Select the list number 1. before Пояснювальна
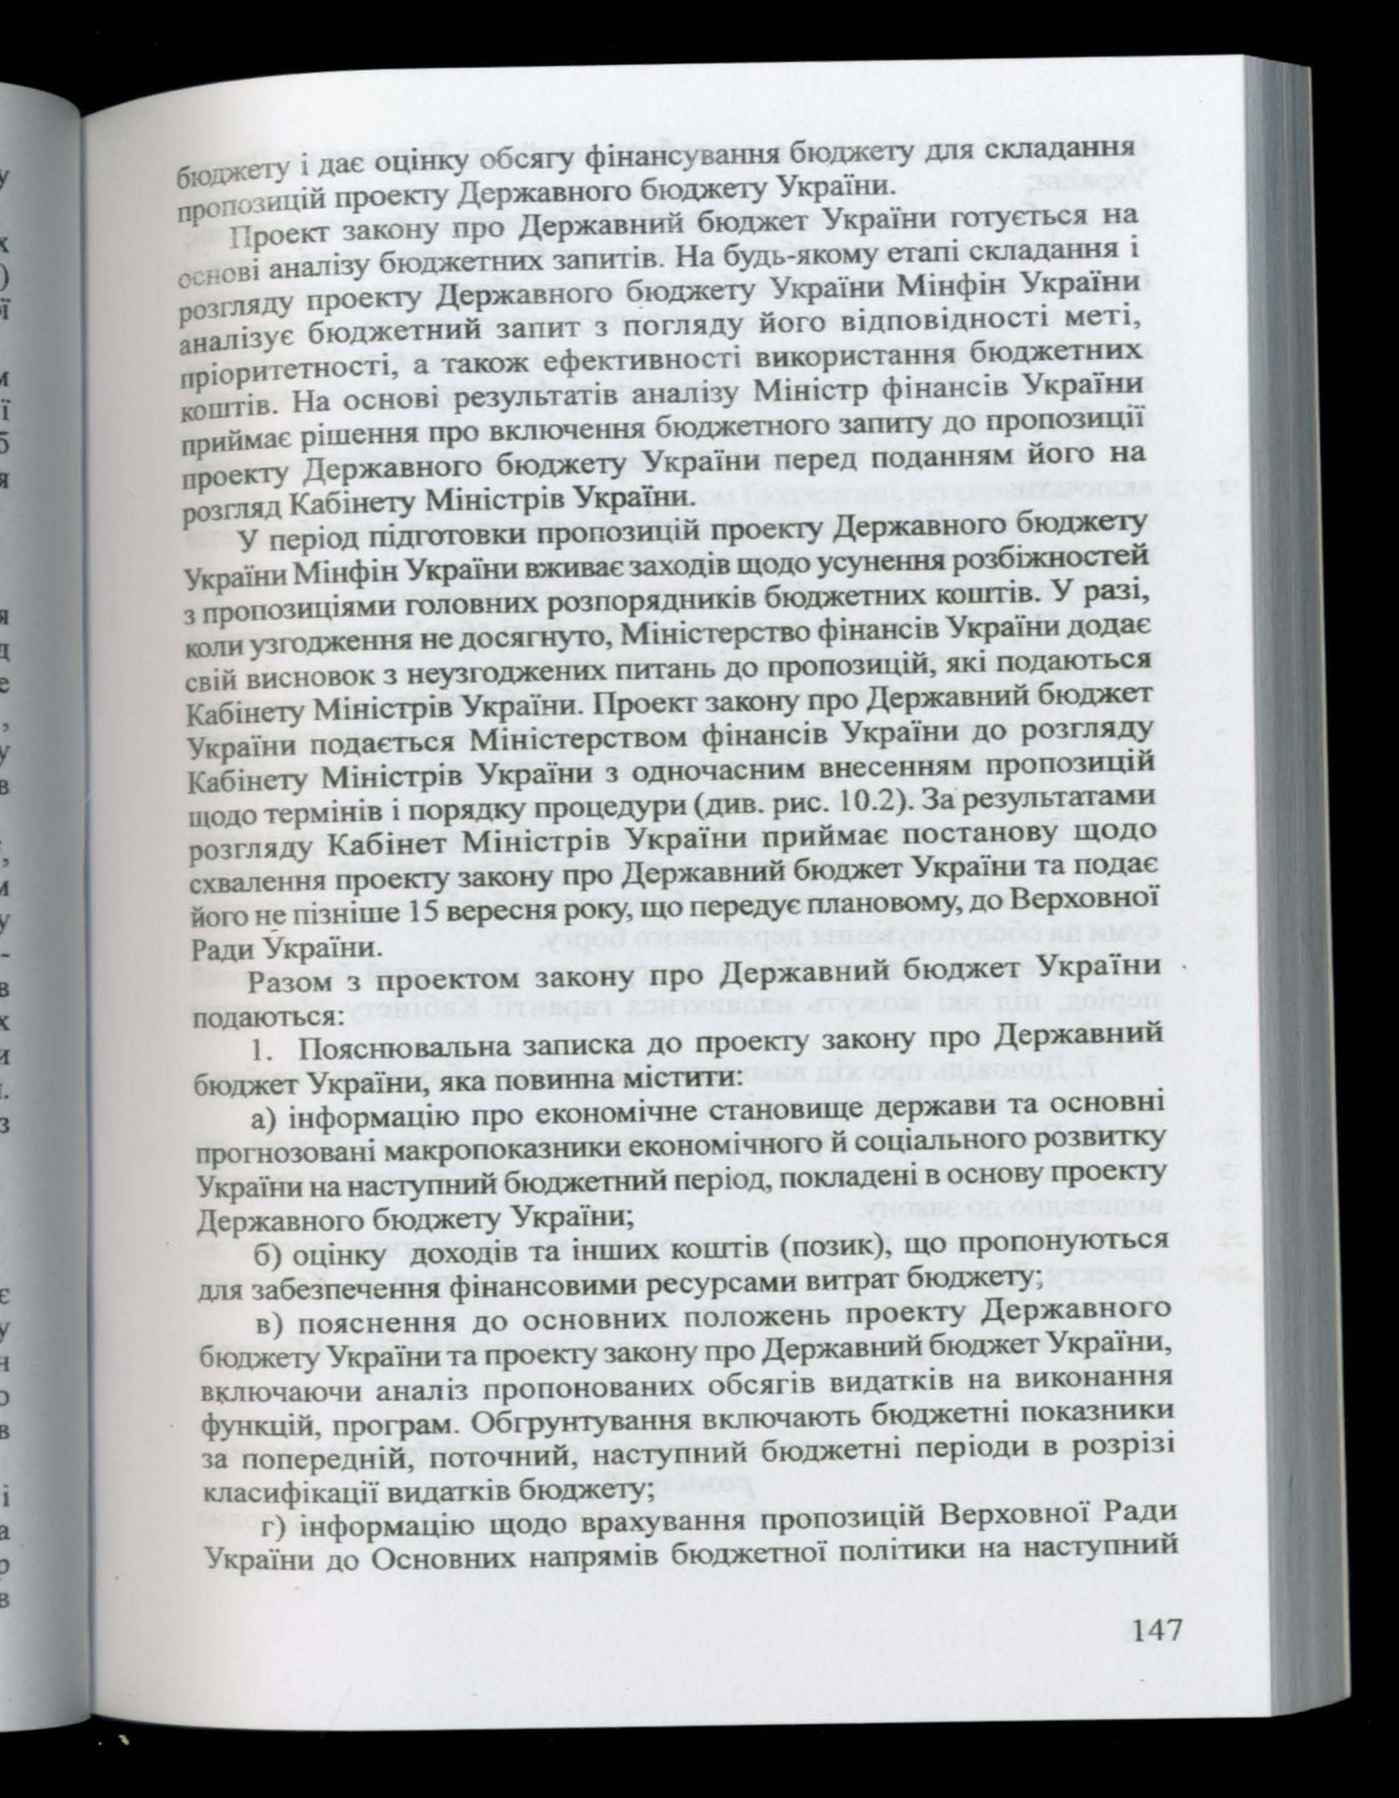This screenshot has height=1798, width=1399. pos(261,1052)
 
